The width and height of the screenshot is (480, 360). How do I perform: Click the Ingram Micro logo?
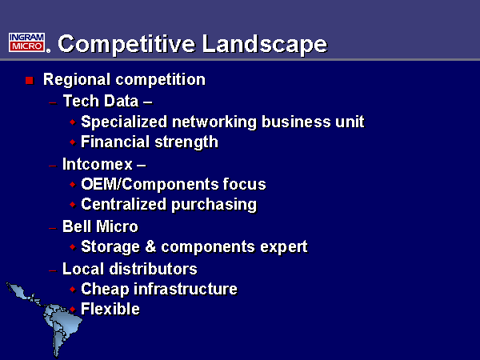[30, 42]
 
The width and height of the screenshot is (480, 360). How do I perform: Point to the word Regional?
[77, 80]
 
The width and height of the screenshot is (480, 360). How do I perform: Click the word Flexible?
[110, 309]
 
